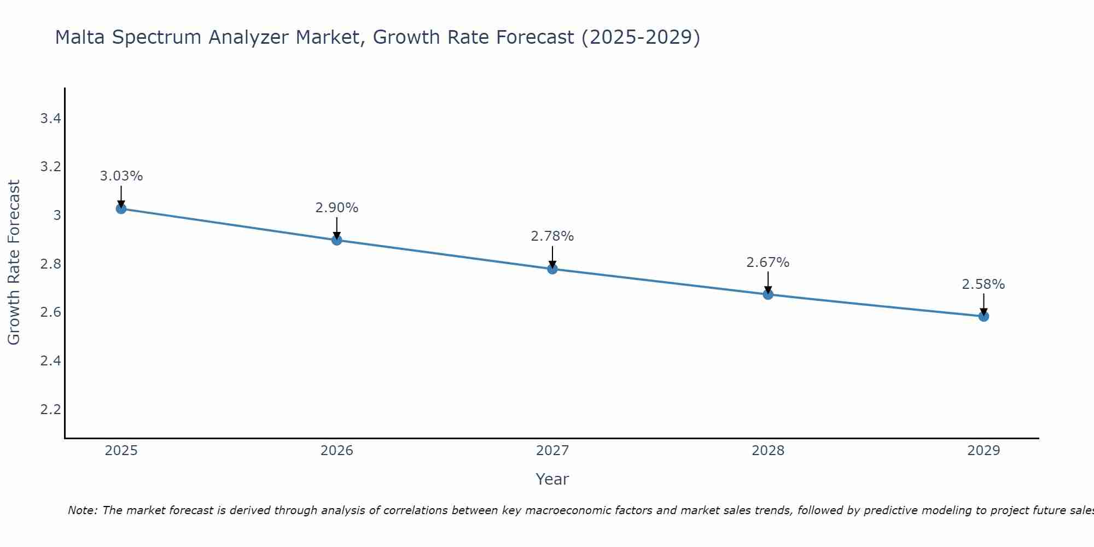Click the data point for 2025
(121, 208)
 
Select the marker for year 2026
(337, 240)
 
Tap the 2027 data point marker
(552, 269)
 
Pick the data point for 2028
(768, 294)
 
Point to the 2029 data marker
(984, 316)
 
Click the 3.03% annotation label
(121, 176)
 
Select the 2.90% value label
(337, 208)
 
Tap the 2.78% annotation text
(552, 236)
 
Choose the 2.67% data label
(768, 263)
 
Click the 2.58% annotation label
(984, 284)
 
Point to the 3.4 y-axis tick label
(50, 118)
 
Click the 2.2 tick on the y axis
(50, 409)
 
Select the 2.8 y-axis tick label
(50, 264)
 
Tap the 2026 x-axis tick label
(337, 451)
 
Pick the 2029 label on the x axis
(984, 451)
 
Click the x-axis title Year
(552, 479)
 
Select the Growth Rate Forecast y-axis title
(14, 263)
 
